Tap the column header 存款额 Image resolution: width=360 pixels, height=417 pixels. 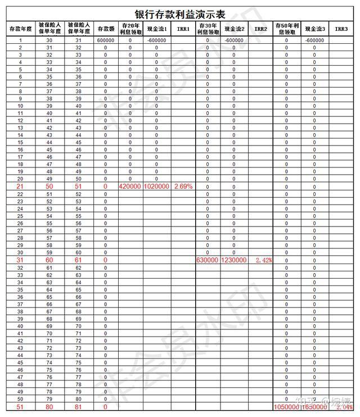click(105, 28)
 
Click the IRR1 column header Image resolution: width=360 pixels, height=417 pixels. click(183, 28)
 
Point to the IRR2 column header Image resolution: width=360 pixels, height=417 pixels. click(260, 28)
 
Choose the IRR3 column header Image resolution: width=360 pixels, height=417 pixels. click(341, 28)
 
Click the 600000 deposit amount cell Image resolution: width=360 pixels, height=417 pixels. click(105, 40)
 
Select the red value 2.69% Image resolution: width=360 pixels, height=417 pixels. click(183, 186)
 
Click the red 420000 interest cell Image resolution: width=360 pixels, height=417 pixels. click(130, 186)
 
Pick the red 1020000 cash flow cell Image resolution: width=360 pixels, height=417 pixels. click(157, 186)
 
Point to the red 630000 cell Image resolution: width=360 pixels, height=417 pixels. click(207, 261)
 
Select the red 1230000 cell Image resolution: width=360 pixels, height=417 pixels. click(234, 261)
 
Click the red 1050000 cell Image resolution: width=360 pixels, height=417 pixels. click(286, 407)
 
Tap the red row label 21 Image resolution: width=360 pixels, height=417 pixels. click(20, 186)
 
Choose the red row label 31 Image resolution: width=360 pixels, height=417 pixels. click(20, 261)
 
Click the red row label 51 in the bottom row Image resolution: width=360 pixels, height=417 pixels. click(20, 407)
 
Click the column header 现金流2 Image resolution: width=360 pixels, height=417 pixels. click(234, 28)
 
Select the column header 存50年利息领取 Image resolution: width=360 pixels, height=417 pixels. click(286, 28)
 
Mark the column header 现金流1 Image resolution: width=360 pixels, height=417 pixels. click(157, 28)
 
